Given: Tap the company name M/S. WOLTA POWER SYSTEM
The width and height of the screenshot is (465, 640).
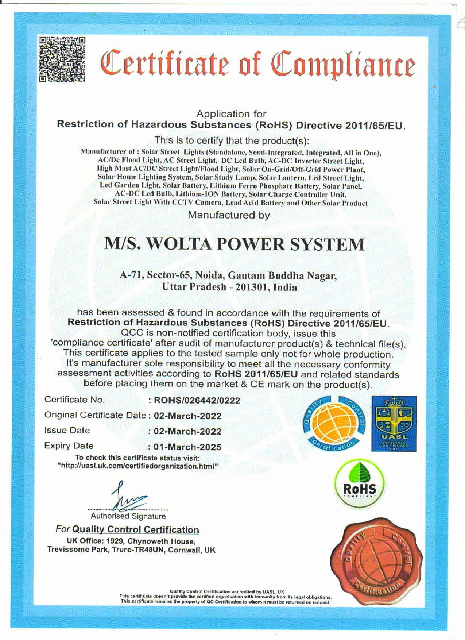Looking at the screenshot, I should (234, 244).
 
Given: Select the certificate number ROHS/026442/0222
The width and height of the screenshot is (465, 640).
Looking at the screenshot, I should (197, 400).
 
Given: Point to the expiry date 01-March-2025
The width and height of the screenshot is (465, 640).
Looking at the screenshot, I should (187, 447).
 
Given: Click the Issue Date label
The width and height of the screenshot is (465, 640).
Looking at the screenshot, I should (67, 431).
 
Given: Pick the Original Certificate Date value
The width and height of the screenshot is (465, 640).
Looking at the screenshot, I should (187, 416).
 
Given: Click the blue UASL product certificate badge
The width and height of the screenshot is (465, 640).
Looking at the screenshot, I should (394, 424).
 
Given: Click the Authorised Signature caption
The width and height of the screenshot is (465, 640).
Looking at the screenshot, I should (128, 516).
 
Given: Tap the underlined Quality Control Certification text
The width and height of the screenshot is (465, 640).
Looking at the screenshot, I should (136, 529).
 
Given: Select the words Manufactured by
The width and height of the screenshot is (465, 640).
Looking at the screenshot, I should (229, 215).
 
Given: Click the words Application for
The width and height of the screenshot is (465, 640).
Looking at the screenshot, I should (231, 114).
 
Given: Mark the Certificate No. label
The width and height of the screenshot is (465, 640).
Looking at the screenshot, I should (75, 400).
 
